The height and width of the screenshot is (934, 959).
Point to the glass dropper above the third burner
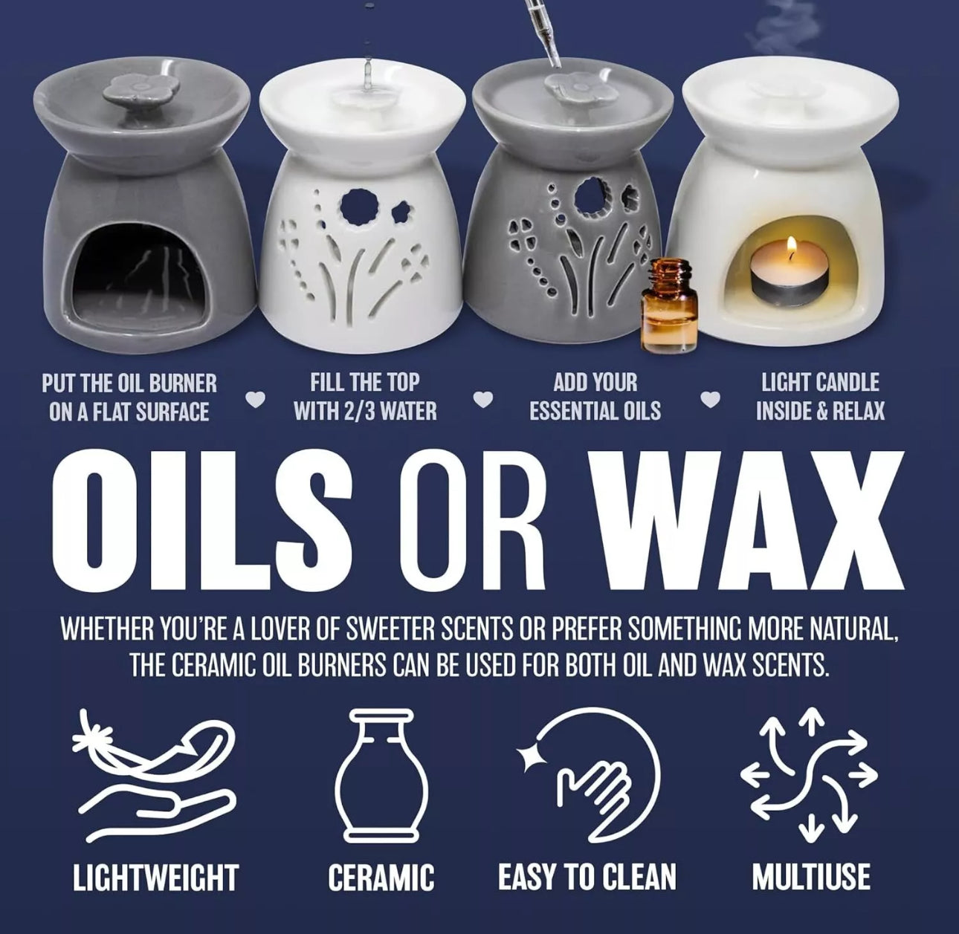[x=540, y=37]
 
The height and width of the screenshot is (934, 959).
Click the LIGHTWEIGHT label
[x=155, y=877]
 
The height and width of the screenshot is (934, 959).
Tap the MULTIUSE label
[x=810, y=877]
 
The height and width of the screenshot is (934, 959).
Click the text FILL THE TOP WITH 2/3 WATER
[x=365, y=397]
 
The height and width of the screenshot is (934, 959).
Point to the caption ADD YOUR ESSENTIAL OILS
[x=595, y=397]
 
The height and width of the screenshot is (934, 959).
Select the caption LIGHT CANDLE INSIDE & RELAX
[x=820, y=397]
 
